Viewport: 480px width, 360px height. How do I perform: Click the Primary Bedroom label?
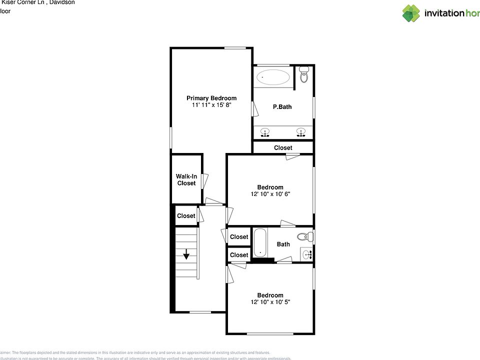pyautogui.click(x=211, y=98)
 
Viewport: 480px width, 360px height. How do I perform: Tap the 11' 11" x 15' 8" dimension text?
pyautogui.click(x=211, y=105)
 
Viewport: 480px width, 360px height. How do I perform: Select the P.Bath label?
pyautogui.click(x=282, y=107)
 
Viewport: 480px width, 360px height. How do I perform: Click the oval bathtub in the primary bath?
pyautogui.click(x=273, y=77)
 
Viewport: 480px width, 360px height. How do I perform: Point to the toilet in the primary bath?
pyautogui.click(x=303, y=76)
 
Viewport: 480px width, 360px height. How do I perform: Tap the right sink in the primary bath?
pyautogui.click(x=300, y=132)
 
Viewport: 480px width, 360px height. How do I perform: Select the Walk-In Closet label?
pyautogui.click(x=186, y=179)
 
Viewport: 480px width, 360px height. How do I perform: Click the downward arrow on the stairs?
pyautogui.click(x=186, y=254)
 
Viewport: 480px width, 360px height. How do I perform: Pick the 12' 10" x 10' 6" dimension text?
pyautogui.click(x=270, y=194)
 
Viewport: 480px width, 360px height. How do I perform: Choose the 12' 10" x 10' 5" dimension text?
pyautogui.click(x=270, y=302)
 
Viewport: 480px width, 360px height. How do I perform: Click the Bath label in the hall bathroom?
pyautogui.click(x=283, y=244)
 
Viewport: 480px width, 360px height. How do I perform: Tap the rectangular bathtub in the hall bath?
pyautogui.click(x=260, y=243)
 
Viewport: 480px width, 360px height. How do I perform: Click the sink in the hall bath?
pyautogui.click(x=307, y=254)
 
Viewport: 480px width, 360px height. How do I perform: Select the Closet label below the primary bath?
pyautogui.click(x=283, y=148)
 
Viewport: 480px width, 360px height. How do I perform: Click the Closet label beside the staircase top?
pyautogui.click(x=186, y=216)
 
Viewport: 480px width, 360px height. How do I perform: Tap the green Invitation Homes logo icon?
pyautogui.click(x=411, y=13)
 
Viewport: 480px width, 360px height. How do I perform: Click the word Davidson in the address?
pyautogui.click(x=62, y=2)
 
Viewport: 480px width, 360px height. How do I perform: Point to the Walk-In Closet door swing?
pyautogui.click(x=204, y=180)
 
